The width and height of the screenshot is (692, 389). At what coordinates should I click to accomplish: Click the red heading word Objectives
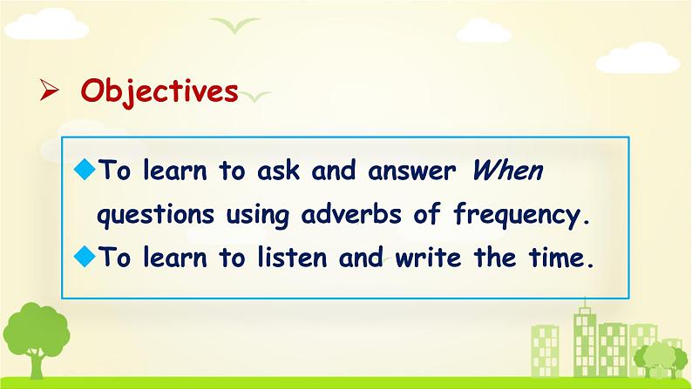159,92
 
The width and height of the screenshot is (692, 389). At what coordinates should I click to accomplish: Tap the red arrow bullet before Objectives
49,90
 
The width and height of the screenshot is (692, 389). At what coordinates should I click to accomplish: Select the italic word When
507,170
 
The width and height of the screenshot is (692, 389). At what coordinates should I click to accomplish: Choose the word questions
155,216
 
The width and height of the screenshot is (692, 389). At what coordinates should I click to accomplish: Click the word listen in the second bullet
292,257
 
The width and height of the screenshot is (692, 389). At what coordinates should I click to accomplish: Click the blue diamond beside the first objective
85,169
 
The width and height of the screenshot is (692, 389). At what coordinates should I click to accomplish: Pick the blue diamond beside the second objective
85,256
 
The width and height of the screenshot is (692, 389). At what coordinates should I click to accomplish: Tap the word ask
279,170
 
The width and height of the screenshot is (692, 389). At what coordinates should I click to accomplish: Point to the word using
258,216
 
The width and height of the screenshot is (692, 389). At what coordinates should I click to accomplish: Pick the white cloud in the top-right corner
638,58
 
